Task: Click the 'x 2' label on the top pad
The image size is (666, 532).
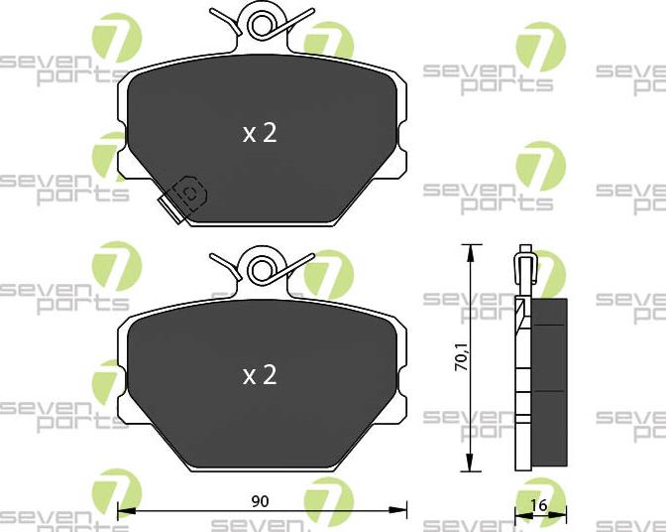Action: point(260,133)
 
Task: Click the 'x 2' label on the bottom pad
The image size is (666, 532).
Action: point(260,374)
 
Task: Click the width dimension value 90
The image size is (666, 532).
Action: point(261,501)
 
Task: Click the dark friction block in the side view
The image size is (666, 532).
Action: point(549,382)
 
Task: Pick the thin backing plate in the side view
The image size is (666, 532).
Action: point(519,387)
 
